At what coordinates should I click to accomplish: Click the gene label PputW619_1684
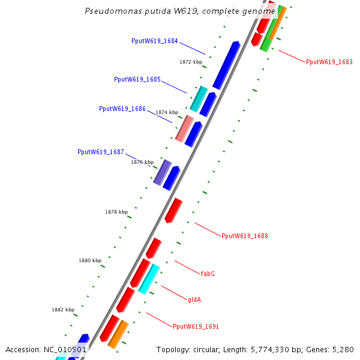tap(154, 41)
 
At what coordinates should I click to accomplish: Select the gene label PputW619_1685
tap(137, 79)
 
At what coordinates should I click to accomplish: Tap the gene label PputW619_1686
tap(122, 109)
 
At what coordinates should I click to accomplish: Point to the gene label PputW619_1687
tap(101, 152)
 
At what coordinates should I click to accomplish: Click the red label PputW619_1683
tap(329, 62)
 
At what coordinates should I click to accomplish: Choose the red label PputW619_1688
tap(244, 236)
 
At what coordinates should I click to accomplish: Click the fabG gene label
tap(208, 274)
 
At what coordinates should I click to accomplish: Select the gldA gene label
tap(194, 299)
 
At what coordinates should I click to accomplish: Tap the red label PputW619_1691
tap(196, 327)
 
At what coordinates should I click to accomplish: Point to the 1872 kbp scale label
tap(191, 62)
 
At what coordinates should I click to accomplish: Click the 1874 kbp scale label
tap(167, 112)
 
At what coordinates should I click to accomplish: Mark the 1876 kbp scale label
tap(142, 162)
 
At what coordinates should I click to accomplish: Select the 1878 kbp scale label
tap(116, 212)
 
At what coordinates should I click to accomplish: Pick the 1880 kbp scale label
tap(90, 260)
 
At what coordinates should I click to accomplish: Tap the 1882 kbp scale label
tap(63, 310)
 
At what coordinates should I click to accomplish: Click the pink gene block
tap(184, 129)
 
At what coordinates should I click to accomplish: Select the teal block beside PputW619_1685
tap(199, 99)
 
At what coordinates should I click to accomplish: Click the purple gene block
tap(163, 172)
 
